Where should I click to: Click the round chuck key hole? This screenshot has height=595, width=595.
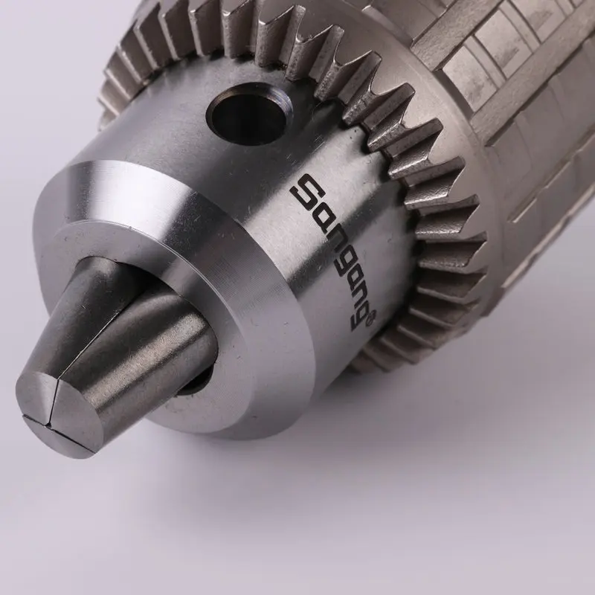[x=246, y=114]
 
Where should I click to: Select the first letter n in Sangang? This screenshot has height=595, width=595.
[x=327, y=236]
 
